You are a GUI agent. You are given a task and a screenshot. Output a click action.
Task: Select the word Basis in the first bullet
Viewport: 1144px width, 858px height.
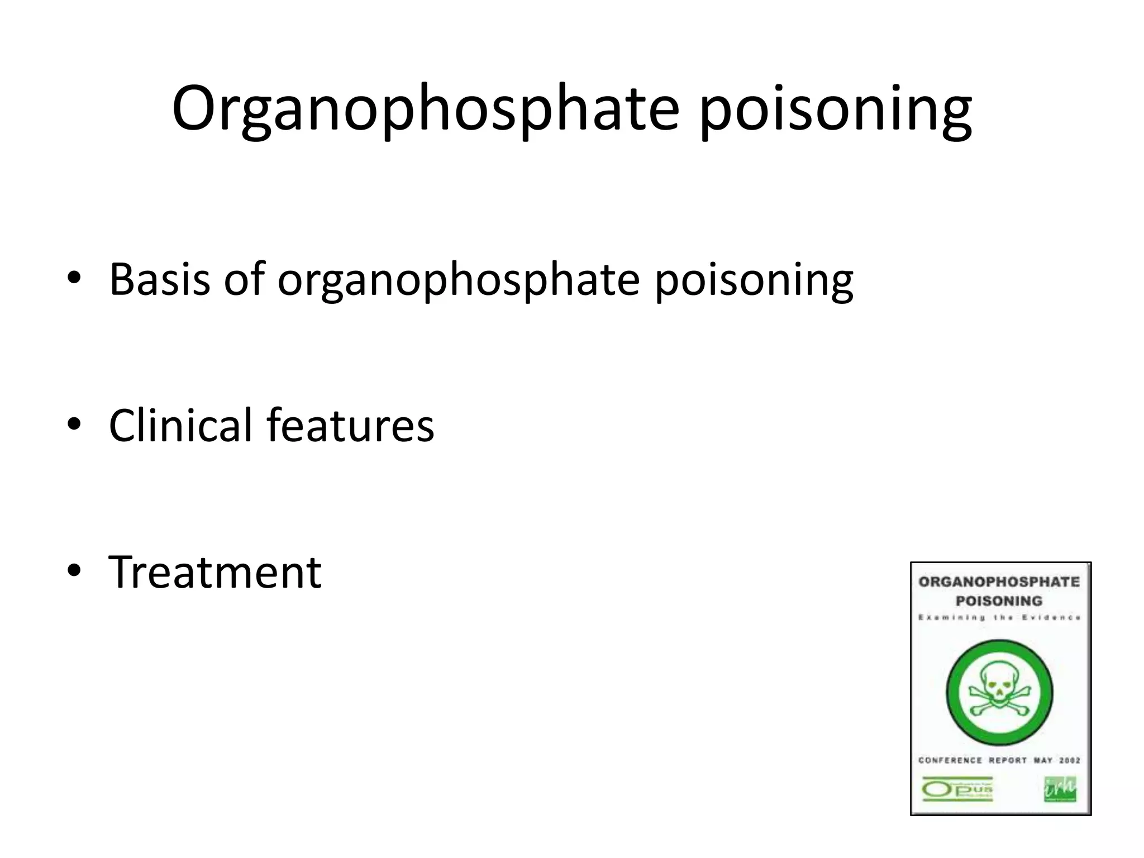click(x=160, y=279)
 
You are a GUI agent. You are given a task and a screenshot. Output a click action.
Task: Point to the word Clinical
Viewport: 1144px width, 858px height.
click(x=180, y=425)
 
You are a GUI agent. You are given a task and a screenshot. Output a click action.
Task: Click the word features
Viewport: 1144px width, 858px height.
click(x=350, y=425)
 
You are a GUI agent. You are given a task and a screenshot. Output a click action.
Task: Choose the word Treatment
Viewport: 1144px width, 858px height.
click(x=215, y=573)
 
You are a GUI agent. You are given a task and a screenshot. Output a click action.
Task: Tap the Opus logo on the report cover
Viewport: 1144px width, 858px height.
click(x=957, y=789)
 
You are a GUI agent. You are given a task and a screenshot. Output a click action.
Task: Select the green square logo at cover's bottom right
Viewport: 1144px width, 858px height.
click(x=1060, y=789)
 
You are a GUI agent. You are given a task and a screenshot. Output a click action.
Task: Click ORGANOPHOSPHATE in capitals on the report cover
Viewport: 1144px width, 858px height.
click(x=999, y=582)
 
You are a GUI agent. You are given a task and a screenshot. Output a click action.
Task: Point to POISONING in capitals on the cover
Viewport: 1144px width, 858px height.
click(x=999, y=601)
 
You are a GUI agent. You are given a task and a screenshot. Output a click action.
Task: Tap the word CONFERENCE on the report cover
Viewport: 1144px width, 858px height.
click(x=950, y=760)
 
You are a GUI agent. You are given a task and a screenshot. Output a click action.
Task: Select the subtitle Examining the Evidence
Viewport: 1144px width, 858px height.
click(x=999, y=618)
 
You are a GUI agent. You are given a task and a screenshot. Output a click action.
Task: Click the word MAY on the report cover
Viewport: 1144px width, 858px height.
click(x=1042, y=760)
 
